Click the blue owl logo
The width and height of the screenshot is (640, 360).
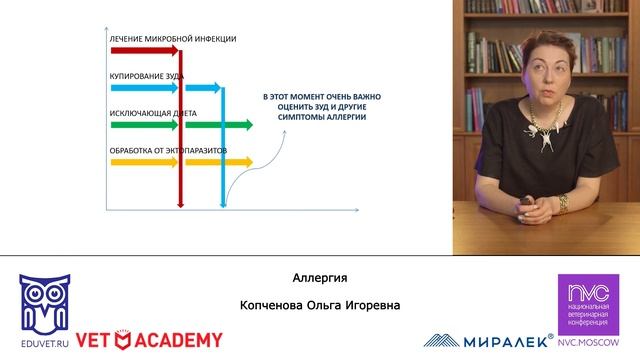point(44,300)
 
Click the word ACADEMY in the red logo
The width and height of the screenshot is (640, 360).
point(180,340)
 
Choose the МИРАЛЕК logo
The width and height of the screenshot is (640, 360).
point(490,340)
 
